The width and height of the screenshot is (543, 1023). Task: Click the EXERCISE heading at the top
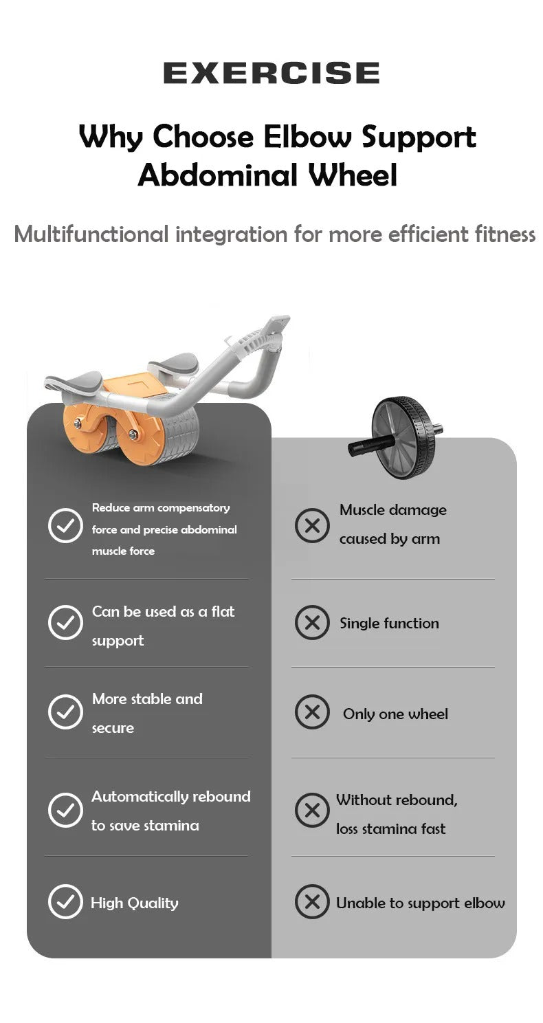point(271,73)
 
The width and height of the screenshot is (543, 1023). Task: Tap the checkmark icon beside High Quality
point(65,901)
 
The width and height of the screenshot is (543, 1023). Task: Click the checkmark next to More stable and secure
point(65,712)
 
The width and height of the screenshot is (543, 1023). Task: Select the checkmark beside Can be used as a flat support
point(65,623)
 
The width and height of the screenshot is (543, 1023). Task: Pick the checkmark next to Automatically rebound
point(65,810)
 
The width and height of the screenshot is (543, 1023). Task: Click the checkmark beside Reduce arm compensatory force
point(65,526)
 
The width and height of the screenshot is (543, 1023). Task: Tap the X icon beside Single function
point(312,623)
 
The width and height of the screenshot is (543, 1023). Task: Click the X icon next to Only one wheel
point(312,712)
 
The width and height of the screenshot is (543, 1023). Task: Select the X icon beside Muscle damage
point(312,526)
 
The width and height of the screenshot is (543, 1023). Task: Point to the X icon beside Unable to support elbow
point(312,901)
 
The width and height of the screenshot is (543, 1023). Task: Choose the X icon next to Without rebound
point(312,810)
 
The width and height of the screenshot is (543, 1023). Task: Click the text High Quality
point(135,903)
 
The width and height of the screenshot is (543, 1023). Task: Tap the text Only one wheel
point(395,714)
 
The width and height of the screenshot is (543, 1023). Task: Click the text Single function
point(389,624)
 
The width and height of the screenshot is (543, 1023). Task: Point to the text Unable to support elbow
point(420,903)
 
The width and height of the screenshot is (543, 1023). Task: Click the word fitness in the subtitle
point(505,234)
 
